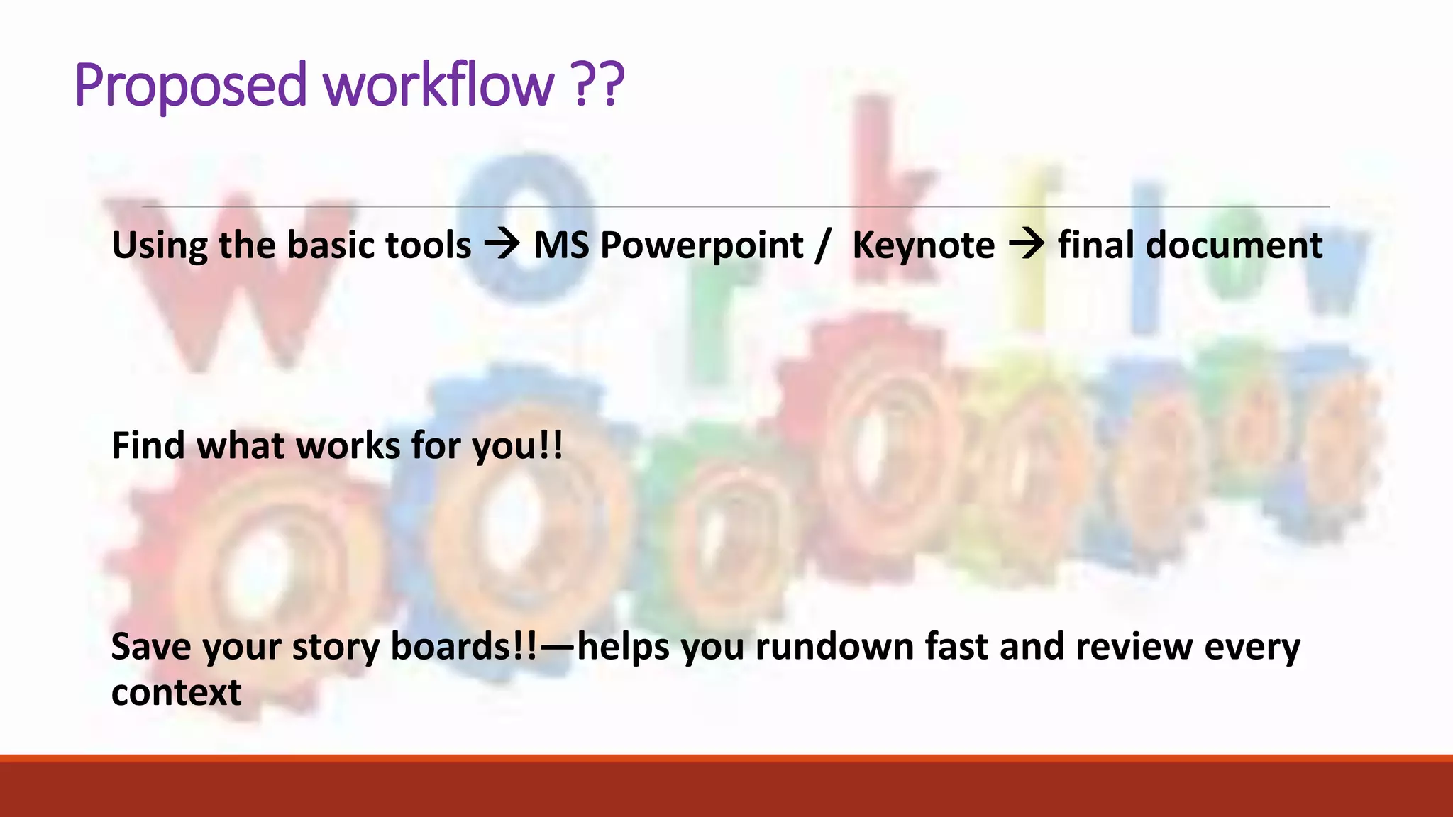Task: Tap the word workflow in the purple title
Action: click(438, 85)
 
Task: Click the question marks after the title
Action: click(597, 85)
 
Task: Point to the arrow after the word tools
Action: click(502, 245)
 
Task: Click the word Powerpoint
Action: click(701, 246)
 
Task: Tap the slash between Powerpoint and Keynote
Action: click(823, 246)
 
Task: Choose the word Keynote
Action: click(923, 246)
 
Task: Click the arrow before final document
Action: click(1026, 245)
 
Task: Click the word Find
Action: click(148, 446)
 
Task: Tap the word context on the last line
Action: click(176, 693)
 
